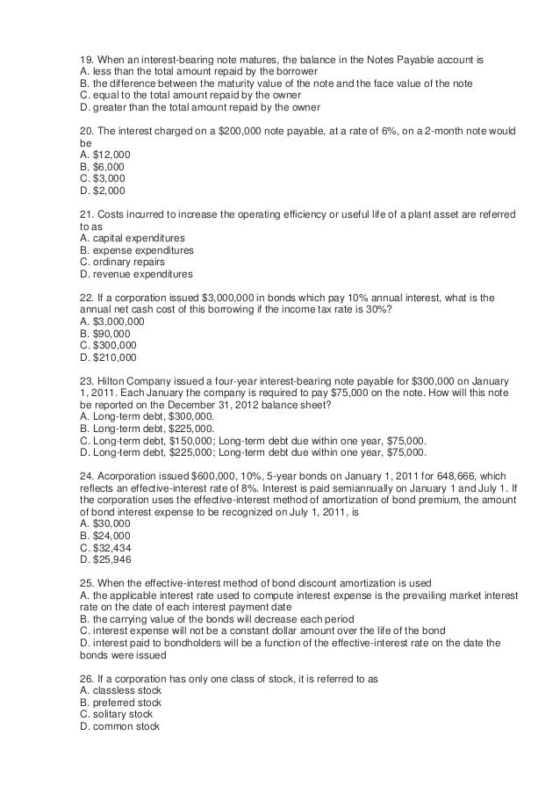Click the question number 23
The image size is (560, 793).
85,381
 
